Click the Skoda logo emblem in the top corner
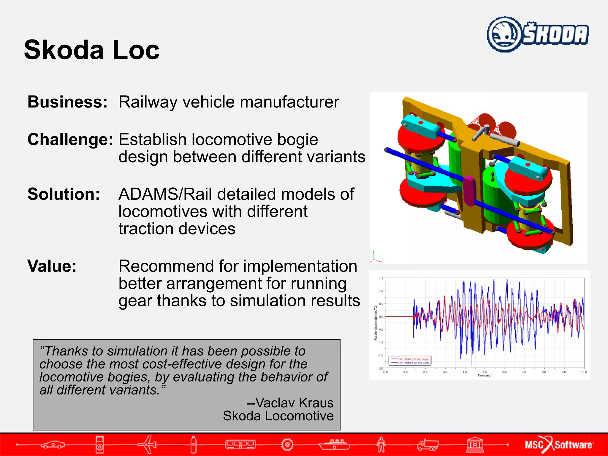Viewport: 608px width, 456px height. pos(504,34)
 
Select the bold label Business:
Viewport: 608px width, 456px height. pos(67,102)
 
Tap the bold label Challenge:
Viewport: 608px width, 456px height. pos(70,140)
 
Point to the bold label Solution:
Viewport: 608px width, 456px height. pos(64,194)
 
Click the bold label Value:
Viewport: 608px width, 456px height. pos(52,266)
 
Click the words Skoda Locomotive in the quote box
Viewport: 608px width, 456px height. pos(278,416)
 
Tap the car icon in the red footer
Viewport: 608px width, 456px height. pos(53,444)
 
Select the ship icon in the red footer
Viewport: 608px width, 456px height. pos(334,444)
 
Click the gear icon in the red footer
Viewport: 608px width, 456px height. pos(287,444)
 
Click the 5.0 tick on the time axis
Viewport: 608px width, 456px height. pos(484,372)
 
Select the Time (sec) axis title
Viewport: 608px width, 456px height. pos(484,376)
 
